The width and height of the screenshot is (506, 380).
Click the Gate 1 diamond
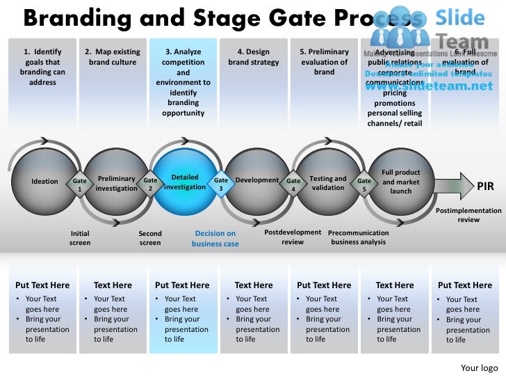point(80,184)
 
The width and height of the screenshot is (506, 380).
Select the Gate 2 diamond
point(150,184)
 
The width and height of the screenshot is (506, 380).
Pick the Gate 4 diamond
point(293,184)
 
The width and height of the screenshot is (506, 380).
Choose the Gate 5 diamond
point(364,184)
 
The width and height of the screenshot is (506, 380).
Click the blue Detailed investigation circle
point(185,182)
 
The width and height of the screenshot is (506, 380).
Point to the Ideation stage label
point(45,182)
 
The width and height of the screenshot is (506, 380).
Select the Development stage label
point(257,180)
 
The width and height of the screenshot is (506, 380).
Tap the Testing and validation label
point(327,183)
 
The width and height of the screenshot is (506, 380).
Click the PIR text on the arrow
point(485,187)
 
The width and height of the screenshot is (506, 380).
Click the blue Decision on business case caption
point(215,239)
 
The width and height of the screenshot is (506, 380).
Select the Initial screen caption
point(80,238)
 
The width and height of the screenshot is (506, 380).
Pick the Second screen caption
point(150,238)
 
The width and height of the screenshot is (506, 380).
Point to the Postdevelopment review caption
point(293,237)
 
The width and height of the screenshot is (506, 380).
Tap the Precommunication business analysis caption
point(358,237)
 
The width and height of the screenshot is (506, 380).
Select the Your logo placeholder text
point(479,367)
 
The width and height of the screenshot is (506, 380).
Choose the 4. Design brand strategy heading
point(254,57)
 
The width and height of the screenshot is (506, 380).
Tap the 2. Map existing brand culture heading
point(112,57)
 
